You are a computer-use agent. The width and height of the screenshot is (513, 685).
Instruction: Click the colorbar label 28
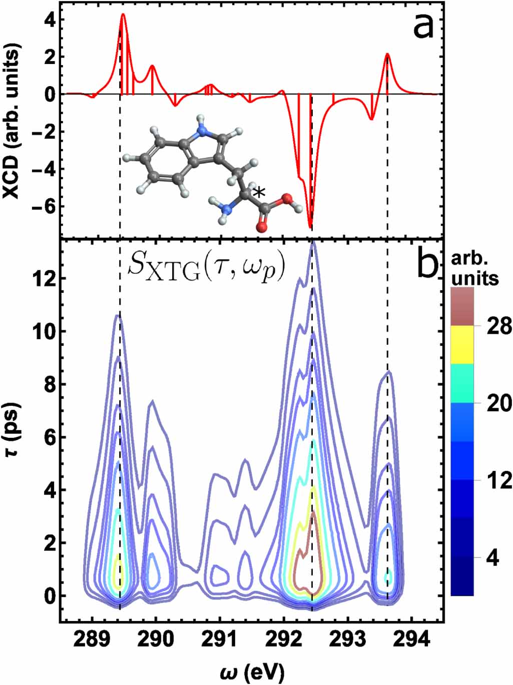pos(497,326)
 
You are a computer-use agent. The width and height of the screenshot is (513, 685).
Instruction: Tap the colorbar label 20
pos(498,403)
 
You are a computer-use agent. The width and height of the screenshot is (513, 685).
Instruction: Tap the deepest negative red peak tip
pos(310,228)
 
